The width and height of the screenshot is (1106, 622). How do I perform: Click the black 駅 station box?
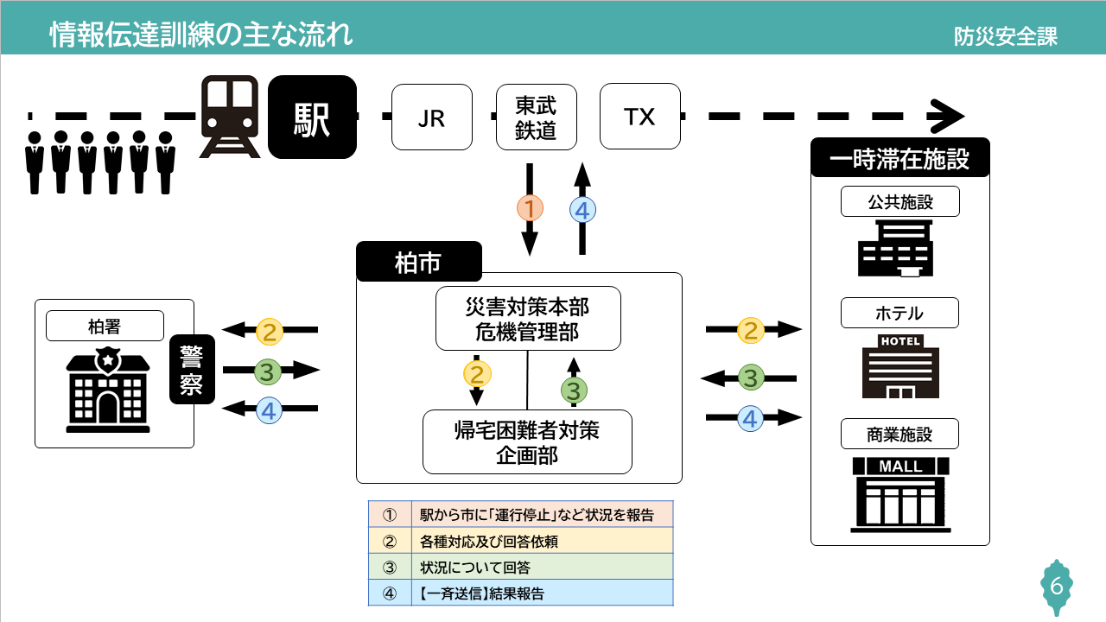[312, 117]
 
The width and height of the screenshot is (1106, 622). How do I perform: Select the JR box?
[431, 117]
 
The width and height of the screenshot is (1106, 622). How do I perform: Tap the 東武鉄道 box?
[536, 117]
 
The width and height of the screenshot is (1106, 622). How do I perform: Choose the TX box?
[639, 117]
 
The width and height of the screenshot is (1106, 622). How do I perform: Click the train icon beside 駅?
[230, 117]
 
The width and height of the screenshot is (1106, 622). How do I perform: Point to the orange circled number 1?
[530, 208]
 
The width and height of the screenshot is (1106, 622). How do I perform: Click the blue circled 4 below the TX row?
[583, 210]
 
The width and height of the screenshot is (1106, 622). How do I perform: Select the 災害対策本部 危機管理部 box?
[528, 318]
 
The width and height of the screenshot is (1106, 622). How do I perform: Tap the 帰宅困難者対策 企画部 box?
[527, 441]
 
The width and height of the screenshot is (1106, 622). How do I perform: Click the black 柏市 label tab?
[418, 262]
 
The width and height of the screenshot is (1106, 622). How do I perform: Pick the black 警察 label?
[192, 369]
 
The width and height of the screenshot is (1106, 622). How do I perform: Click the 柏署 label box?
[105, 326]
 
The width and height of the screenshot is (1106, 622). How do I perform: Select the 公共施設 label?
[899, 202]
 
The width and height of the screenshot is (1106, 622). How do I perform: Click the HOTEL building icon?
[900, 366]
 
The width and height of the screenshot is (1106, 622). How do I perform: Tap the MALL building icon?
[900, 497]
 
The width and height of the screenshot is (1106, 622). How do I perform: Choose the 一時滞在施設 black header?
[899, 159]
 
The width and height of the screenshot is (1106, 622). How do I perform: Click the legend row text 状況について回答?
[475, 568]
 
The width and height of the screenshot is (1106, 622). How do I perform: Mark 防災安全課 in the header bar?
[1006, 36]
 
